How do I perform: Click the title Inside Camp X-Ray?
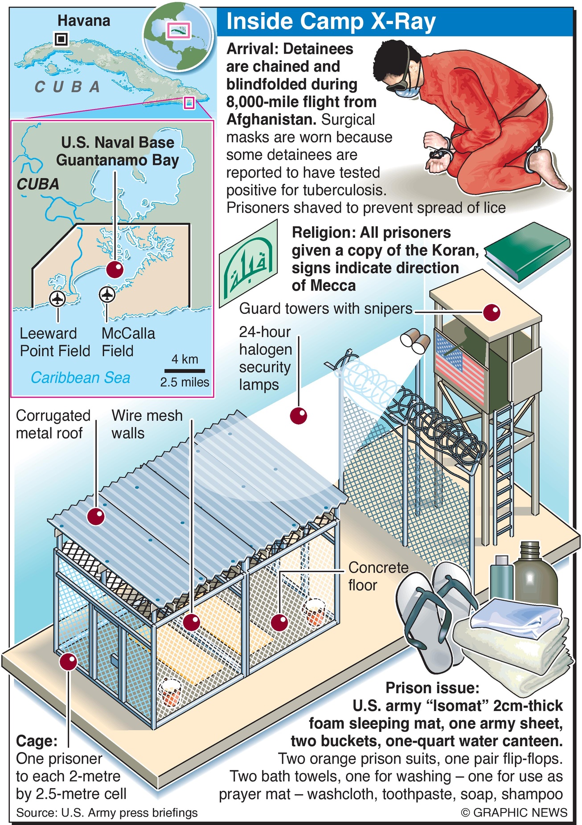click(x=331, y=22)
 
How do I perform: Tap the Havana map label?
click(x=84, y=20)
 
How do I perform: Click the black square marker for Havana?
click(x=61, y=40)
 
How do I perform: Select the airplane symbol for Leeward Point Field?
click(x=57, y=298)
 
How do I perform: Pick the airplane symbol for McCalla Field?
click(x=107, y=294)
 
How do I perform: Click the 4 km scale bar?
click(x=184, y=370)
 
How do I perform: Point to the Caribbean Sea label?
click(x=80, y=378)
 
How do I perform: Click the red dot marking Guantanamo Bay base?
click(x=115, y=269)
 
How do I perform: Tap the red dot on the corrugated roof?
click(x=96, y=516)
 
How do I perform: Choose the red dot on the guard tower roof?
click(x=492, y=312)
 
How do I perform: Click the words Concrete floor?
click(x=378, y=576)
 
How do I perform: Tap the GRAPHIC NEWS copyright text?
click(x=514, y=813)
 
